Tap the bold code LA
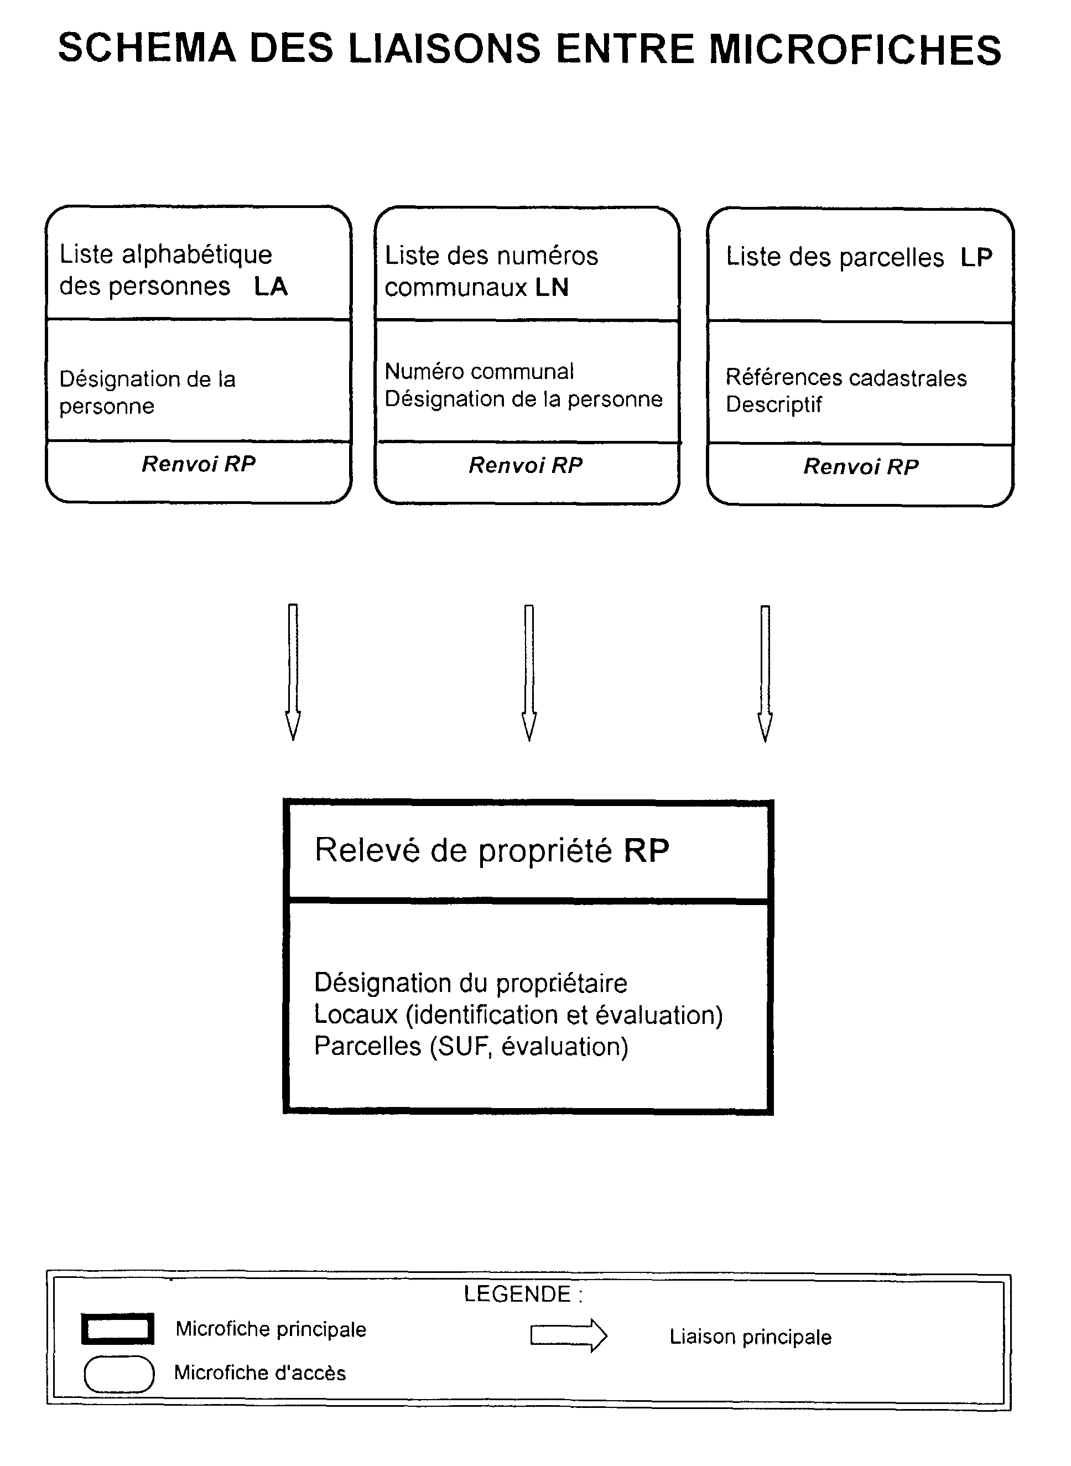[271, 287]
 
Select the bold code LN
[552, 288]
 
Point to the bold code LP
[976, 257]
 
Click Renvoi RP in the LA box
[199, 464]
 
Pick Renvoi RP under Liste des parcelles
[861, 466]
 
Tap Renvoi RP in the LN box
[526, 465]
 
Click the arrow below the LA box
[293, 672]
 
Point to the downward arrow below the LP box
[765, 674]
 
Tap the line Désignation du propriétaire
[471, 983]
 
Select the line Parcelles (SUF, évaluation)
[471, 1047]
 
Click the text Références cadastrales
[846, 377]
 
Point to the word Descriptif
[773, 404]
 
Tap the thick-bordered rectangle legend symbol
[118, 1329]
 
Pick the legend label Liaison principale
[750, 1337]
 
